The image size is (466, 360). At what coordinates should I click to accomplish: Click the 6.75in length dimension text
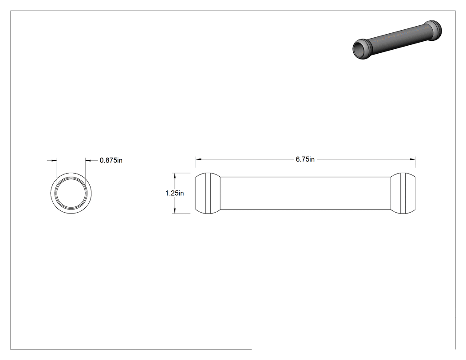tap(305, 159)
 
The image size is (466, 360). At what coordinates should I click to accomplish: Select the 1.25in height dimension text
tap(174, 193)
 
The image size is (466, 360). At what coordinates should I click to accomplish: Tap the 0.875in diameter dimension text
tap(111, 161)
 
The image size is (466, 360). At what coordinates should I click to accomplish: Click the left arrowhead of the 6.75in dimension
tap(198, 159)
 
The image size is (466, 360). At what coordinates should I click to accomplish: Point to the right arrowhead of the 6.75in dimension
tap(412, 159)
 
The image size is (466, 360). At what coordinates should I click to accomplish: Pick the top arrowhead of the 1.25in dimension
tap(175, 176)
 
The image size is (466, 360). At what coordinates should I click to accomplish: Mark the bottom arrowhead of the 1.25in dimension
tap(175, 211)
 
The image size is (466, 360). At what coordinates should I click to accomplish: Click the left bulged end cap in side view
tap(208, 193)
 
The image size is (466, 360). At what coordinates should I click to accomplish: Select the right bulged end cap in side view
tap(403, 193)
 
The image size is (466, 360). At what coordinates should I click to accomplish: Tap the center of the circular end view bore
tap(71, 193)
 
